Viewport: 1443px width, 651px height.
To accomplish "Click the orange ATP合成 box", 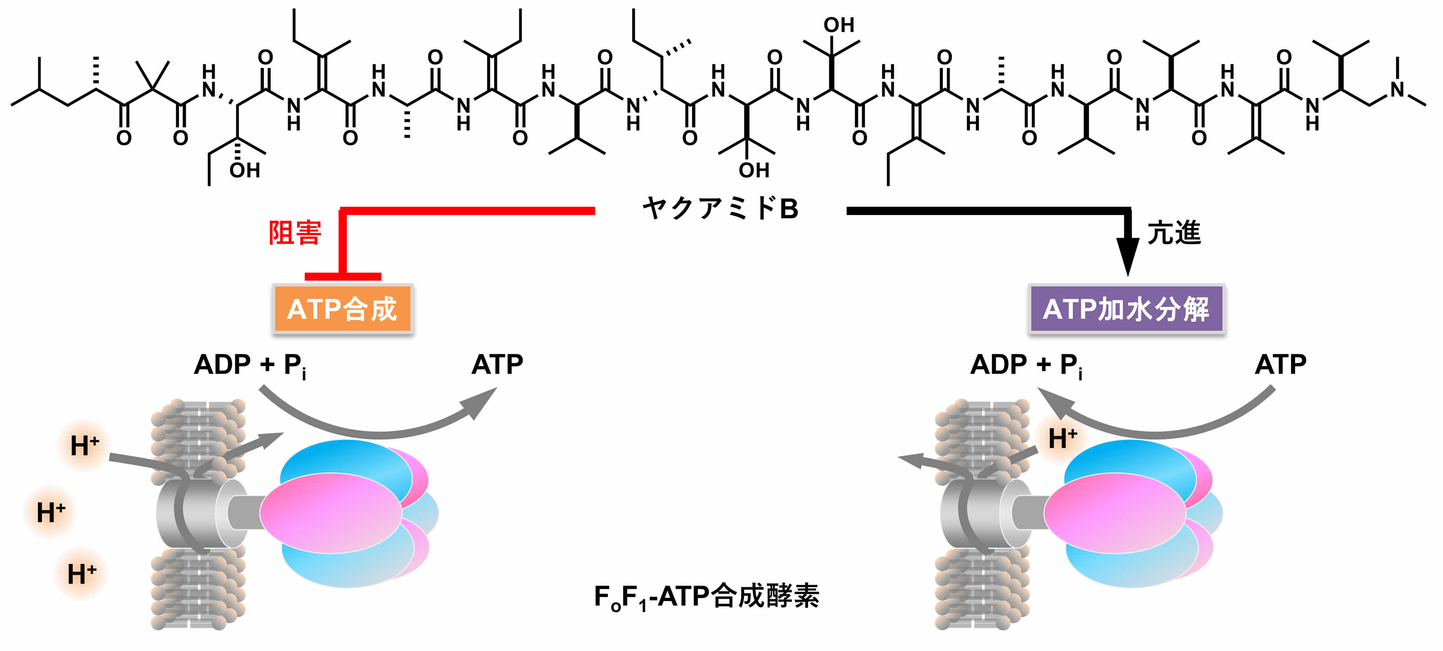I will click(x=343, y=309).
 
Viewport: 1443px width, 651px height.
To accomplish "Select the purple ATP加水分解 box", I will click(x=1126, y=309).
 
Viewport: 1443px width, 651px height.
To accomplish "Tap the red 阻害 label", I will click(x=294, y=233).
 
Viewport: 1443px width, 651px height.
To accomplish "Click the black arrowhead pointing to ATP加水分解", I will click(x=1128, y=255).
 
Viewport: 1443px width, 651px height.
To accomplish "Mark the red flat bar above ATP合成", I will click(x=343, y=276).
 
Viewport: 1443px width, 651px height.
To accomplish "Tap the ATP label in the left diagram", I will click(x=497, y=365).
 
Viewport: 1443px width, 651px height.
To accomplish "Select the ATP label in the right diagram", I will click(x=1281, y=365).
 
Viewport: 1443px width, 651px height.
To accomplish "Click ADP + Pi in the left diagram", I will click(x=250, y=366).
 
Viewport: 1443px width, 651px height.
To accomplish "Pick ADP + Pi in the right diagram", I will click(x=1026, y=366).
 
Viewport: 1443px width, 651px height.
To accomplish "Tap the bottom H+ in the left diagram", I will click(x=82, y=574).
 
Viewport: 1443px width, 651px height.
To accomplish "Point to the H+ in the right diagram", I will click(x=1062, y=438).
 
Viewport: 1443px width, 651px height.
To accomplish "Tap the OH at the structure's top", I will click(x=839, y=25).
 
